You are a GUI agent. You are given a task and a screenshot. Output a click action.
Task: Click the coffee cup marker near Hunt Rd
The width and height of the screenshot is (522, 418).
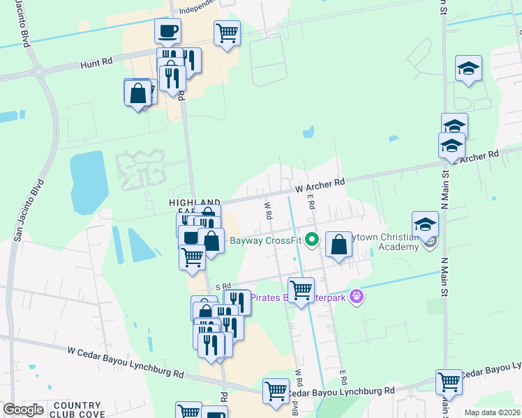coord(167,31)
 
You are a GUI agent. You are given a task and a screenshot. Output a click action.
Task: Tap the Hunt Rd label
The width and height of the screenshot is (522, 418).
coord(96,62)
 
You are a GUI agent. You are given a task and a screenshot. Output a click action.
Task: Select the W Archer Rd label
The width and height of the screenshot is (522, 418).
coord(320,185)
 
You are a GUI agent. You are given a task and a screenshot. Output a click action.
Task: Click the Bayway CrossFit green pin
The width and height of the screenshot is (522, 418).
coord(312,242)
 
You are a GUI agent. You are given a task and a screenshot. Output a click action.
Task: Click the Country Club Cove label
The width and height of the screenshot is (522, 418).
coord(77,410)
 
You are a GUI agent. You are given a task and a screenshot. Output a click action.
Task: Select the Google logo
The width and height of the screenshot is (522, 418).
coord(23,410)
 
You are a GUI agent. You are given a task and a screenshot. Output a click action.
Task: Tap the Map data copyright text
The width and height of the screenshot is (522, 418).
coord(493,412)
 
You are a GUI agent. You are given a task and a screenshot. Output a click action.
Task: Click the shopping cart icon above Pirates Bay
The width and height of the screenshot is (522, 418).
coord(301,289)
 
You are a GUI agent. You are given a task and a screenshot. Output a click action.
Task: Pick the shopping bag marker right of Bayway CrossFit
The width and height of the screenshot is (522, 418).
coord(338,245)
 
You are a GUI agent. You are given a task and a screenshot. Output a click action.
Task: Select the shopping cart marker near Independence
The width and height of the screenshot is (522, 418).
coord(227,32)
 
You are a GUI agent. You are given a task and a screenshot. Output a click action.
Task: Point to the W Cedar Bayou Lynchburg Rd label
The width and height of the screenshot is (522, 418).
coord(126,363)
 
